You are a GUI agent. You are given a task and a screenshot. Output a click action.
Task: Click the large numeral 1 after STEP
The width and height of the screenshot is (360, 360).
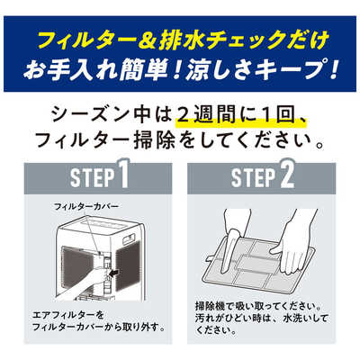click(122, 175)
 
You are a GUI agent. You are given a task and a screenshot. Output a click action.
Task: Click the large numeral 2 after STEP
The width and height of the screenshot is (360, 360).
click(286, 175)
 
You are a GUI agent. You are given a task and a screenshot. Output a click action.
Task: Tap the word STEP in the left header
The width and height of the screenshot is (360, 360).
click(93, 178)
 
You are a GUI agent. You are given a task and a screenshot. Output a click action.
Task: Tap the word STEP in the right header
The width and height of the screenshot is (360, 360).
click(254, 178)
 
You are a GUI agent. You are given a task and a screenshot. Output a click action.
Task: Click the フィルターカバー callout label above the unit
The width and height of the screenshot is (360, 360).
click(86, 206)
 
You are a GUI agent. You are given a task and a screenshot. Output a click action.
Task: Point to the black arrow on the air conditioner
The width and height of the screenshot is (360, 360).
click(113, 273)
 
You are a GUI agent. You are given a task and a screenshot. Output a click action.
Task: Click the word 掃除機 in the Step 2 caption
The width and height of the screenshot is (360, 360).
click(208, 307)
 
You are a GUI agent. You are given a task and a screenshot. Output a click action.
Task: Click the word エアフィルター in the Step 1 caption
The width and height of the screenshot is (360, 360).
click(68, 315)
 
